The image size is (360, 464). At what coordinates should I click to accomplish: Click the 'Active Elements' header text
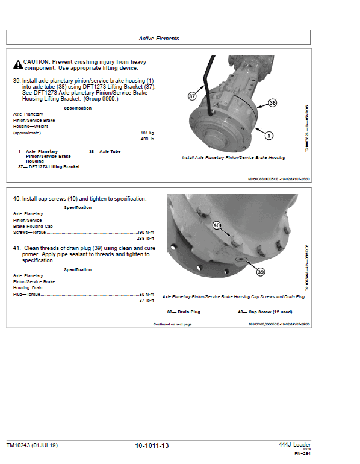(159, 39)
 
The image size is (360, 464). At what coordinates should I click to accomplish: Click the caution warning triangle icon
(19, 63)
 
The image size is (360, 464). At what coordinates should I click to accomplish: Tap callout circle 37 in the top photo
(192, 96)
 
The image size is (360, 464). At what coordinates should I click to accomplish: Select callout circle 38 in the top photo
(272, 103)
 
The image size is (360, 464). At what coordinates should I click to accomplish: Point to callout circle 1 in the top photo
(268, 136)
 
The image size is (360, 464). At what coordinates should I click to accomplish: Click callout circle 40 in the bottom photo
(217, 225)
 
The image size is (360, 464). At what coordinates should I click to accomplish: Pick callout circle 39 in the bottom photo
(260, 272)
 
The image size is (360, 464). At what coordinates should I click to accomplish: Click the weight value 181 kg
(147, 133)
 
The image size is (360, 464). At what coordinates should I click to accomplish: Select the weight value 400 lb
(147, 139)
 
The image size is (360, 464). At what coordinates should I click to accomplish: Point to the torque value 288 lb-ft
(146, 239)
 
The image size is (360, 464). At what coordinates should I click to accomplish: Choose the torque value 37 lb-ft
(147, 301)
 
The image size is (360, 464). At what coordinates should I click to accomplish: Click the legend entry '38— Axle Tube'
(104, 152)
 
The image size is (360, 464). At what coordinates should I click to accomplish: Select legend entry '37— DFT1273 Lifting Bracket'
(49, 166)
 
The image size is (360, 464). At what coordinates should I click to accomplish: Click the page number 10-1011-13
(152, 445)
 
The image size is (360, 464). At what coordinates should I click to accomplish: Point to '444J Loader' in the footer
(294, 445)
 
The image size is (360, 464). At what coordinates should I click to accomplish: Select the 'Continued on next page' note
(172, 324)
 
